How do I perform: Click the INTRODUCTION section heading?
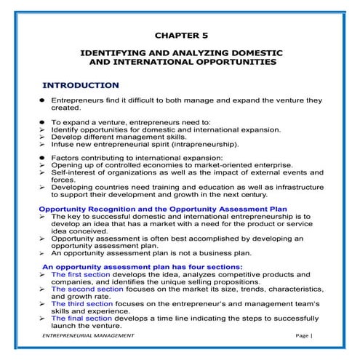(x=81, y=85)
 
